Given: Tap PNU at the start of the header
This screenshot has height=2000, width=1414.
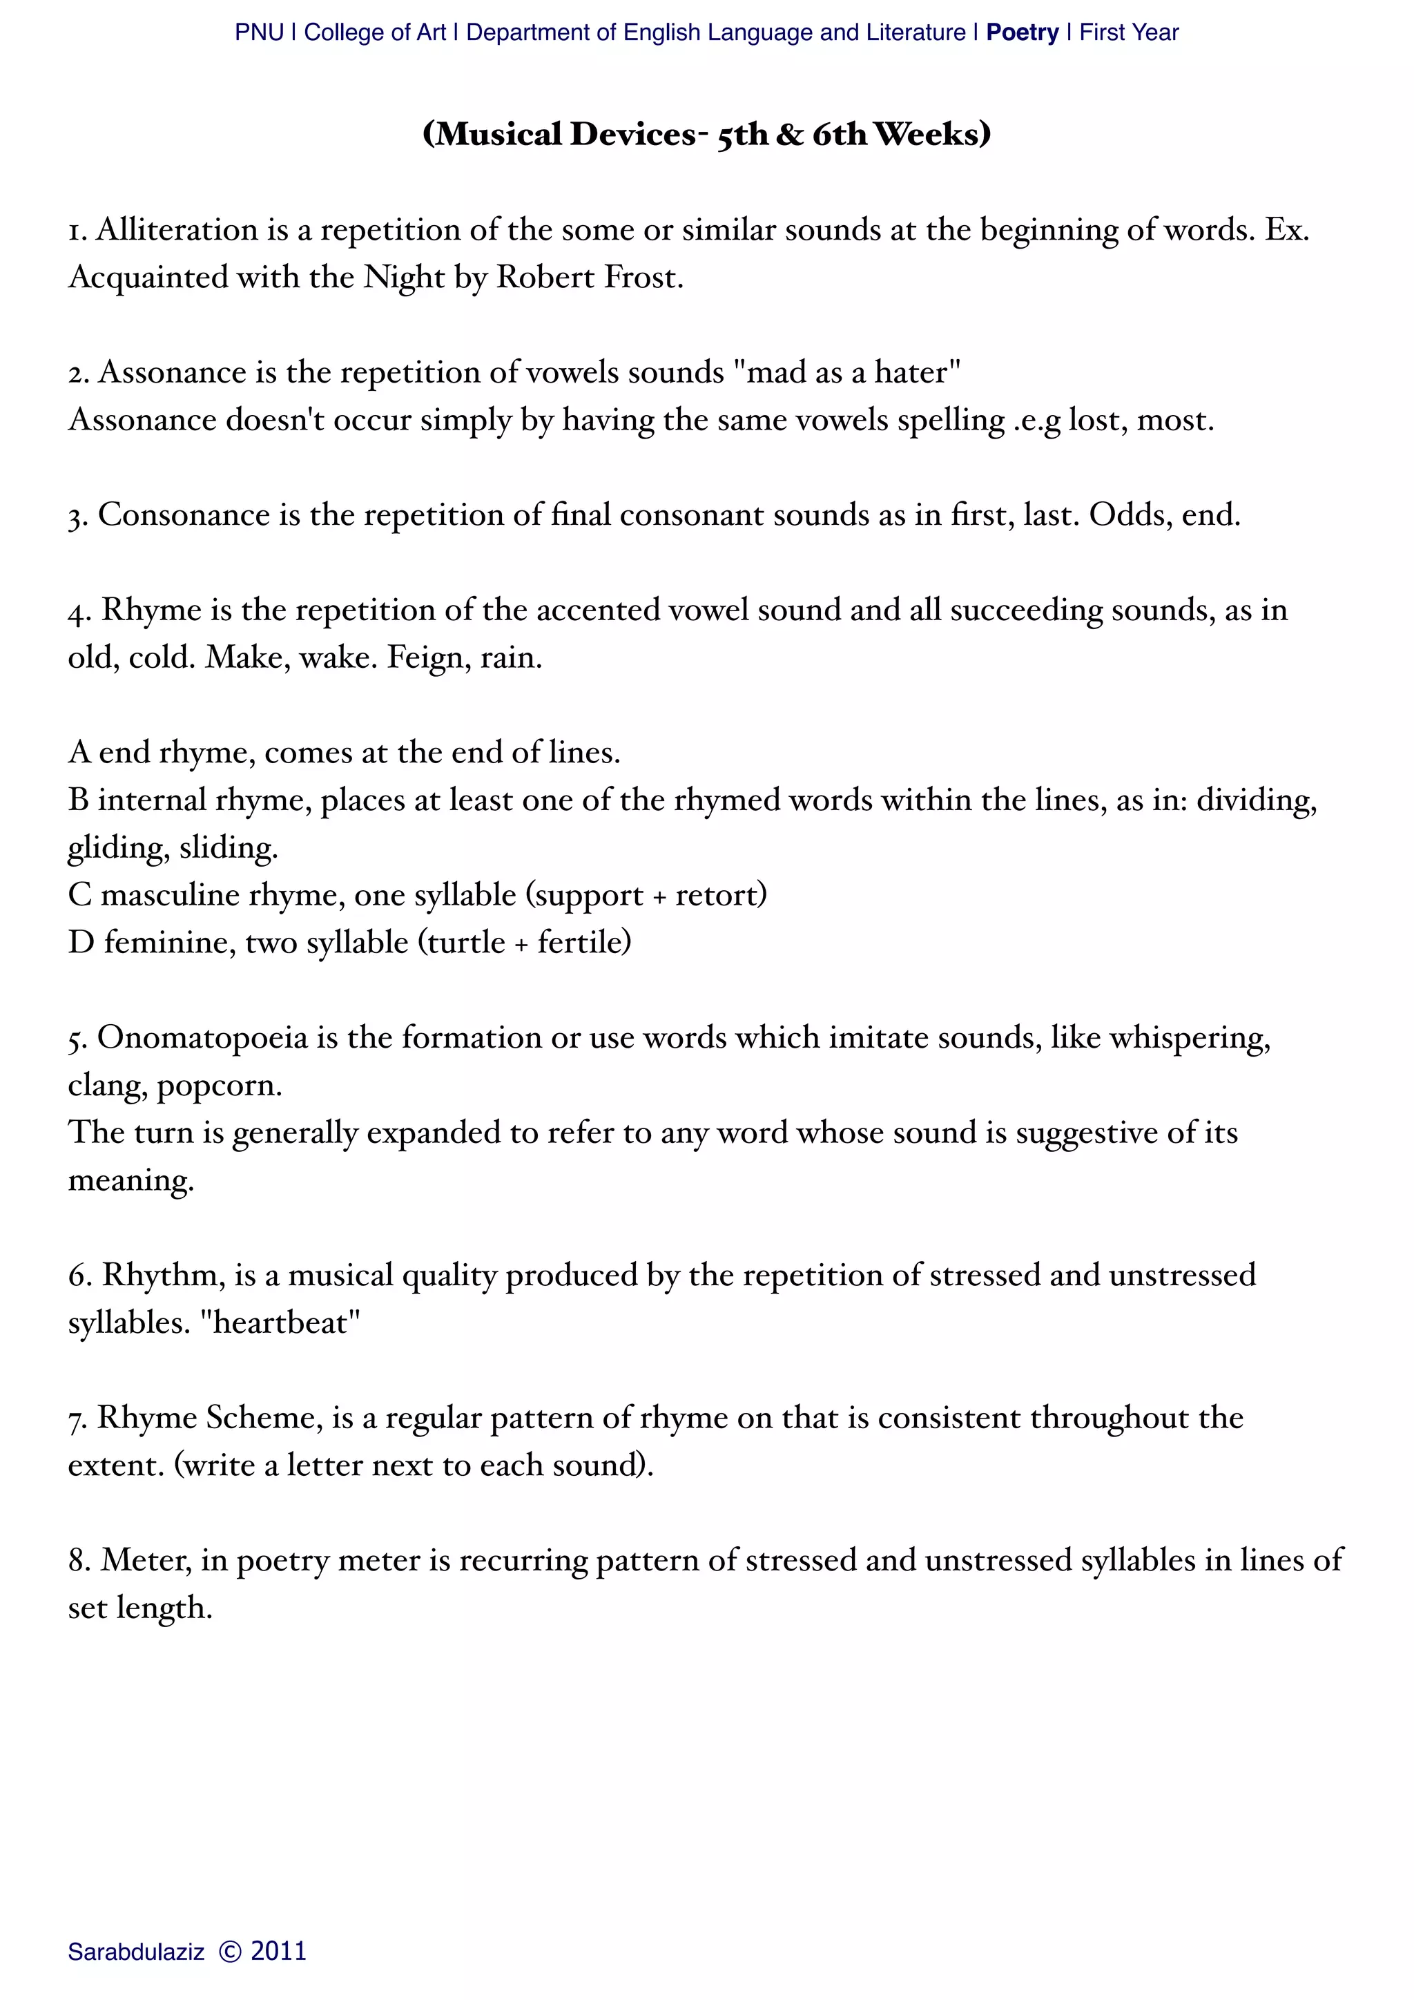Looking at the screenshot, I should [x=259, y=33].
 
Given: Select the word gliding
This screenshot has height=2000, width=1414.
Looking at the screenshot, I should [x=117, y=847].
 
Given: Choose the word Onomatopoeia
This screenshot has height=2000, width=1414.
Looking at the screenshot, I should [x=202, y=1037].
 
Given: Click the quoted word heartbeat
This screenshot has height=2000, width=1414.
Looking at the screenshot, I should [x=280, y=1323].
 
